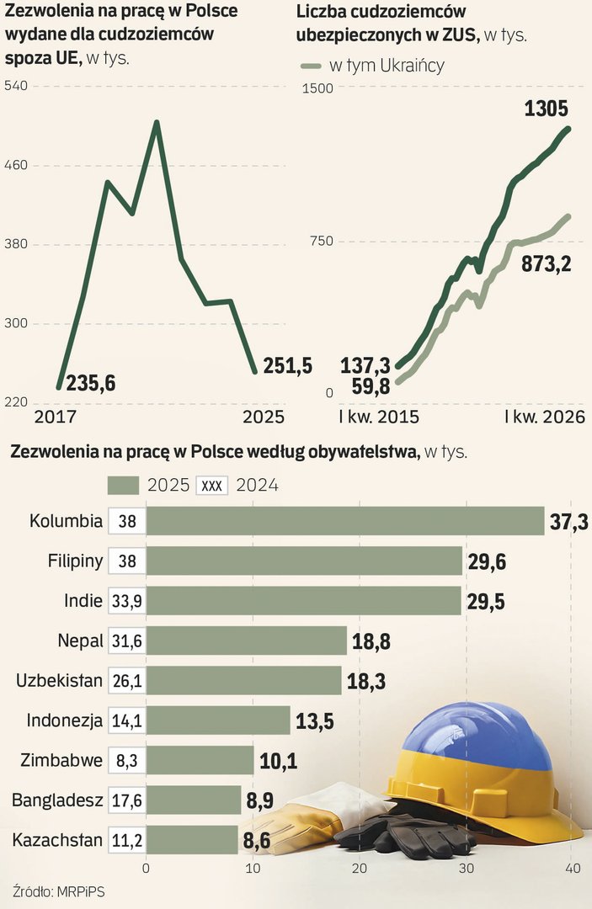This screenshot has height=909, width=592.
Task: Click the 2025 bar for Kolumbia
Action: click(x=345, y=521)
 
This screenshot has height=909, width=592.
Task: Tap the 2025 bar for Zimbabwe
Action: click(x=200, y=760)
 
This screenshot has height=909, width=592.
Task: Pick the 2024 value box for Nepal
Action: click(x=127, y=641)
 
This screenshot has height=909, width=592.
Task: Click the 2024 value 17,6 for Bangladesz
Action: click(x=127, y=800)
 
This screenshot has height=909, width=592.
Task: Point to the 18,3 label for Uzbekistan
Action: click(x=365, y=681)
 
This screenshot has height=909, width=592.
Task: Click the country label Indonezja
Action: click(x=64, y=720)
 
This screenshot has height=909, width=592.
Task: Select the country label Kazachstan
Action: click(x=57, y=840)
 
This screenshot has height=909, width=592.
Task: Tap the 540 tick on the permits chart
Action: click(x=17, y=86)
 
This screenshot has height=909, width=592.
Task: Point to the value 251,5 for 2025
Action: click(x=288, y=365)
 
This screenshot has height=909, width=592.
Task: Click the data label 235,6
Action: click(x=90, y=384)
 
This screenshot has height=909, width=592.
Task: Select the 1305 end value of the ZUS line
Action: click(x=546, y=109)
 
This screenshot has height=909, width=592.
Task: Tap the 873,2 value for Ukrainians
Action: click(x=547, y=264)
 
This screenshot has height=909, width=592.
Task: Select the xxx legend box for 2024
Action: click(x=211, y=486)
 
